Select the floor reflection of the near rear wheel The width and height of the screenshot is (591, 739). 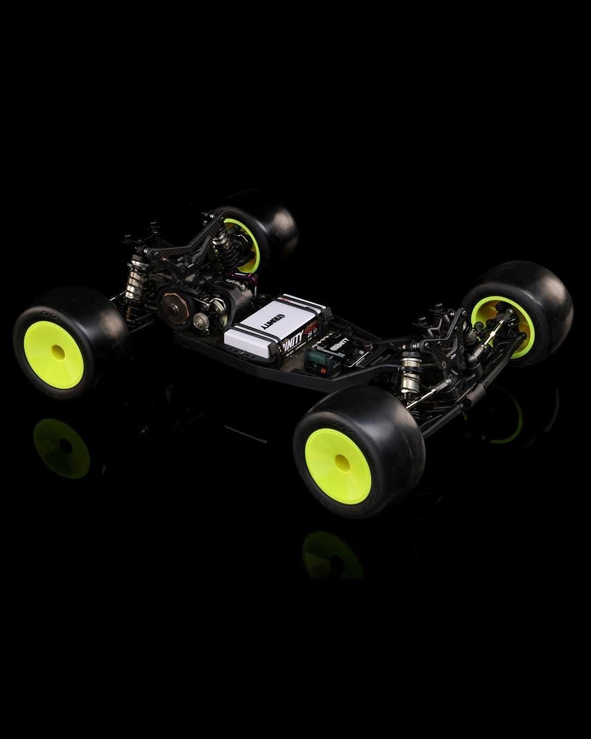pos(61,448)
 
